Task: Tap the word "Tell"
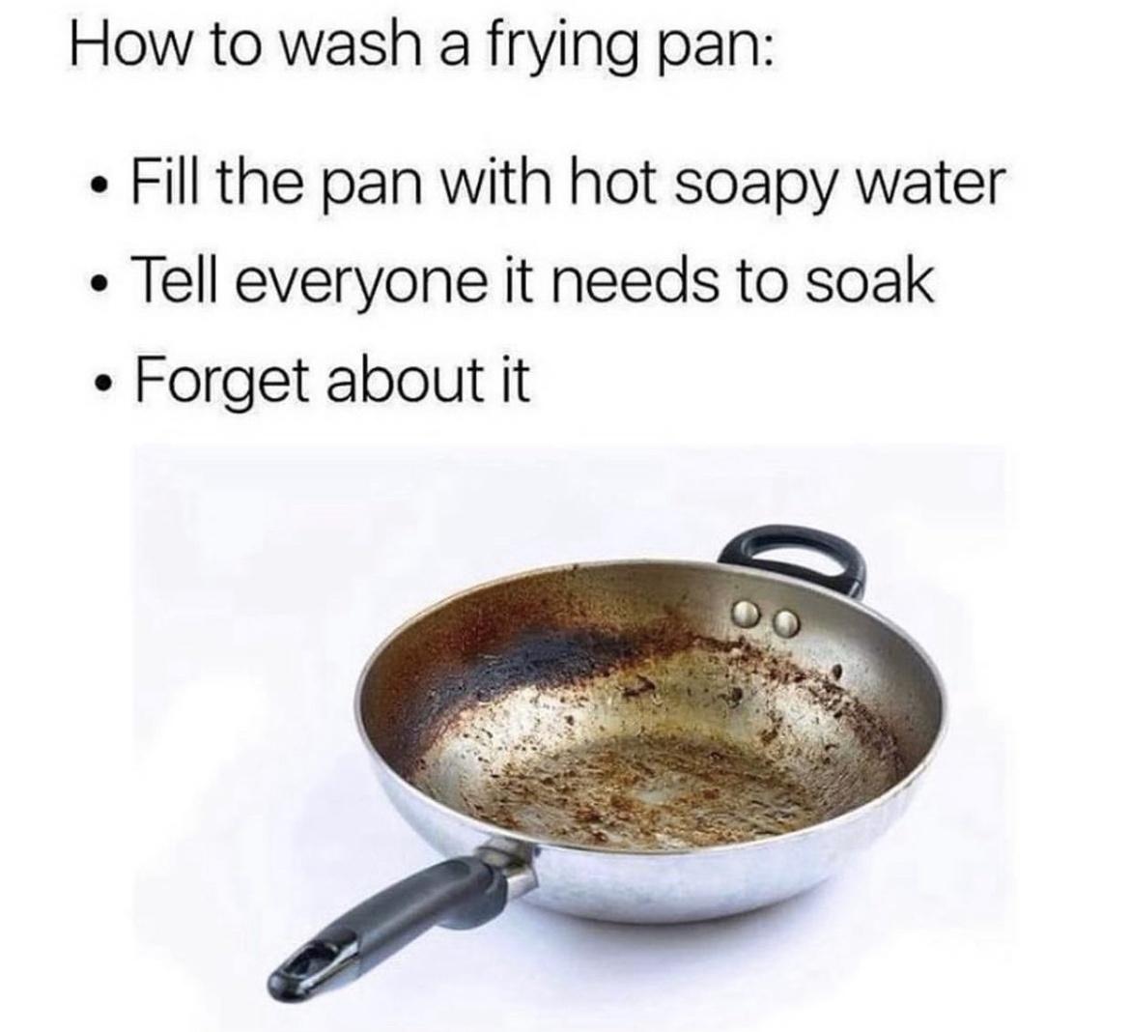[x=173, y=281]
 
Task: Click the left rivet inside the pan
[x=747, y=614]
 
